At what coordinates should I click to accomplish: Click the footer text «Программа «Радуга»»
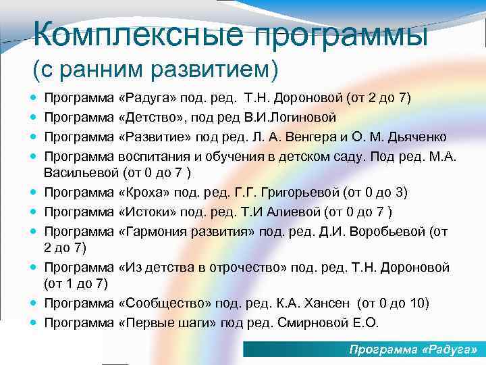412,349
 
